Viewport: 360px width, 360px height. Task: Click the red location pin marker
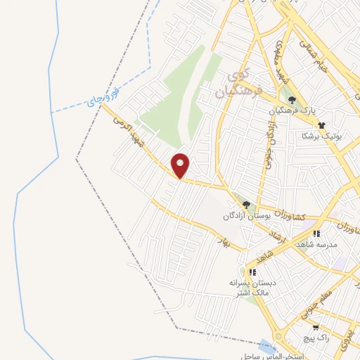coord(181,165)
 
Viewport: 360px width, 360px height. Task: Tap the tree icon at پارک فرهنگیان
coord(291,99)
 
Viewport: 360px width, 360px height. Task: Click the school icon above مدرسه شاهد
coord(316,233)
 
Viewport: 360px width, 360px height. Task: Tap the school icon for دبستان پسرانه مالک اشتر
coord(251,271)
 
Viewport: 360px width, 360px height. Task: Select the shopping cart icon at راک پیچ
coord(316,327)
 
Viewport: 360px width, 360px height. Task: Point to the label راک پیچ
coord(314,338)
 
